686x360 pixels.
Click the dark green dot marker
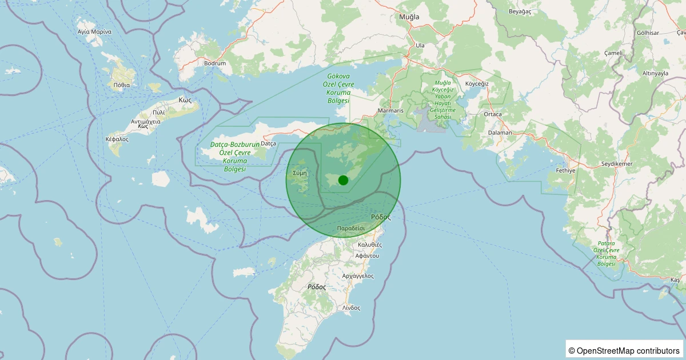click(343, 180)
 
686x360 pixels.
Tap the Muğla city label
click(409, 17)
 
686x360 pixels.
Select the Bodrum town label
click(215, 63)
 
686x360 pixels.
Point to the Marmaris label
click(391, 111)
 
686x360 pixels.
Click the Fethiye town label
click(565, 170)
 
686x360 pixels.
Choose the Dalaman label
click(500, 133)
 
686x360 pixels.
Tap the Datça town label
click(268, 143)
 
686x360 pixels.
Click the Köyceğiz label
click(477, 83)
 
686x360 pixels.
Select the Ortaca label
click(492, 114)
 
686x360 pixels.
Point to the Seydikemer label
click(616, 164)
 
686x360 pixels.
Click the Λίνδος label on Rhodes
click(351, 307)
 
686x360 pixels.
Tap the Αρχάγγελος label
click(357, 275)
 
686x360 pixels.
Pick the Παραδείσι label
click(351, 227)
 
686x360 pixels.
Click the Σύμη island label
click(300, 172)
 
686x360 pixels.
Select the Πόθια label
click(122, 85)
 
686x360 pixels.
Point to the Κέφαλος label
click(117, 139)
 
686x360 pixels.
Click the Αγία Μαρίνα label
click(94, 31)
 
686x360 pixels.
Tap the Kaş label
click(675, 280)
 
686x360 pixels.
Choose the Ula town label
click(420, 45)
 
